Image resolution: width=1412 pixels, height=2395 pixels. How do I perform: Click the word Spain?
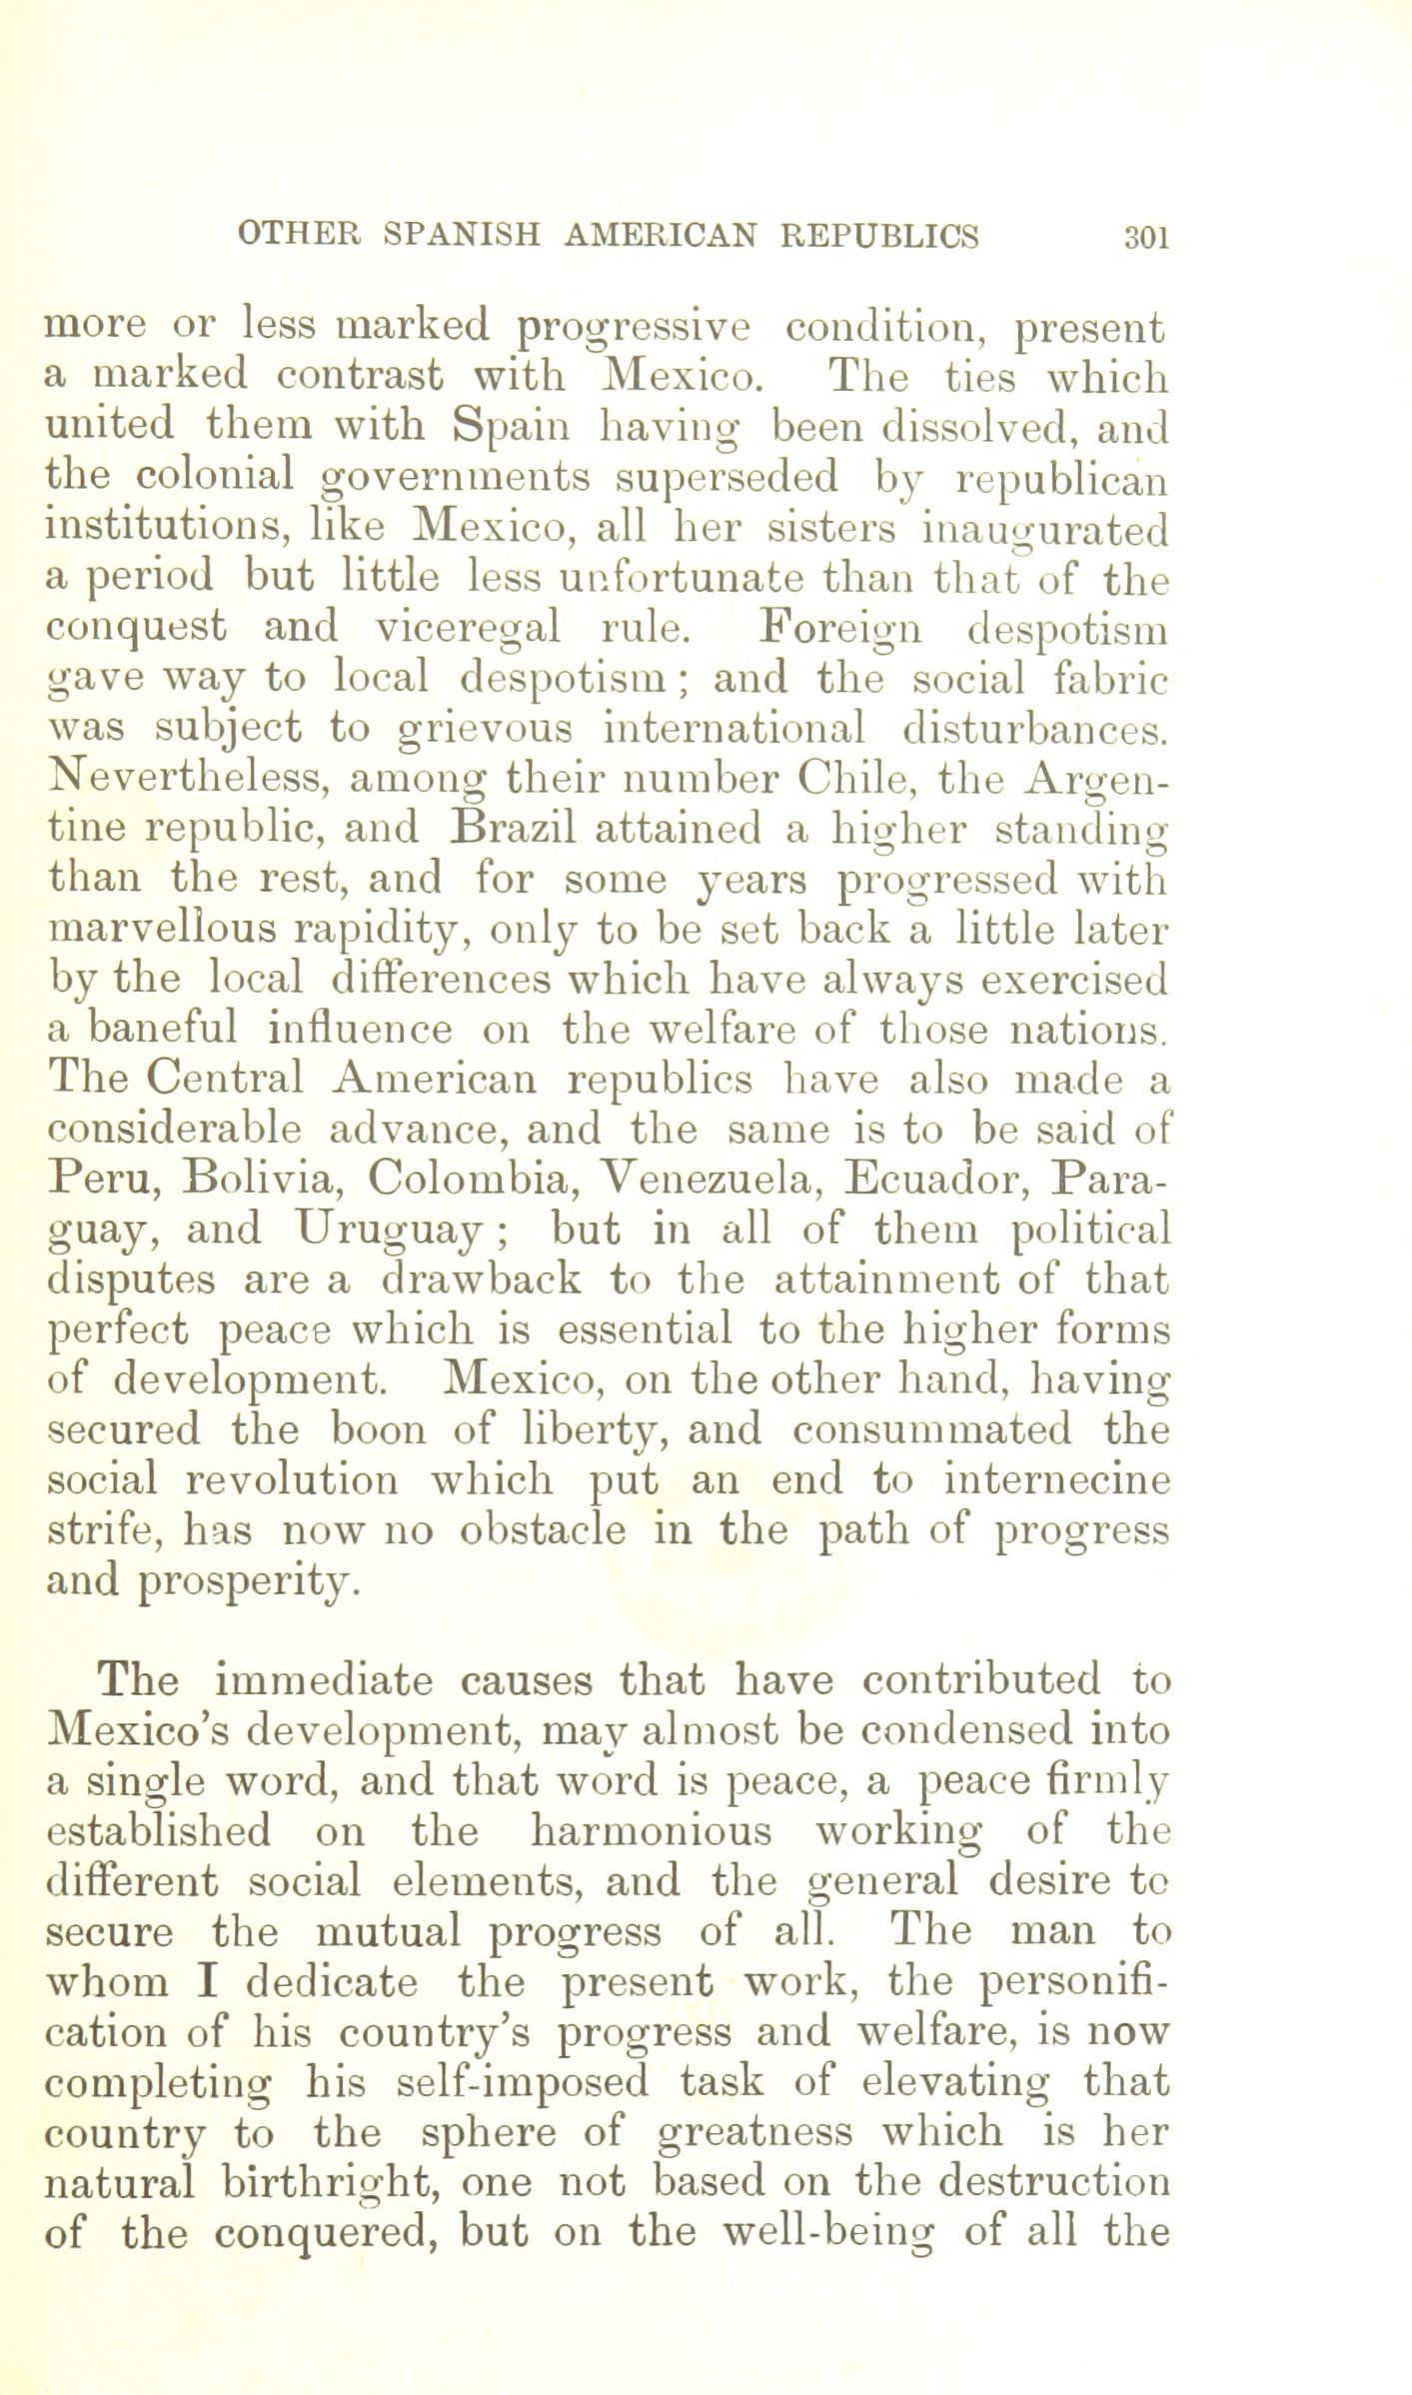[510, 428]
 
